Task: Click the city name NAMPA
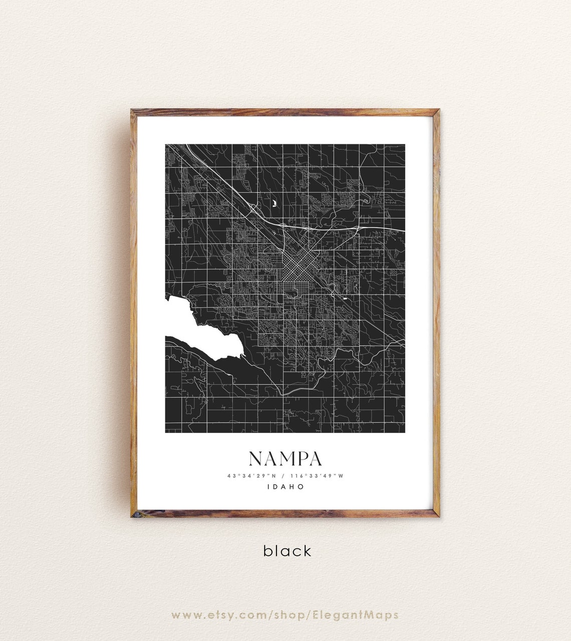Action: pyautogui.click(x=285, y=459)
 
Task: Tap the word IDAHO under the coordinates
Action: pyautogui.click(x=285, y=486)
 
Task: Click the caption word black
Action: pyautogui.click(x=288, y=551)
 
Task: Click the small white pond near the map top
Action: pyautogui.click(x=274, y=203)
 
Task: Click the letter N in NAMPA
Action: pyautogui.click(x=255, y=459)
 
